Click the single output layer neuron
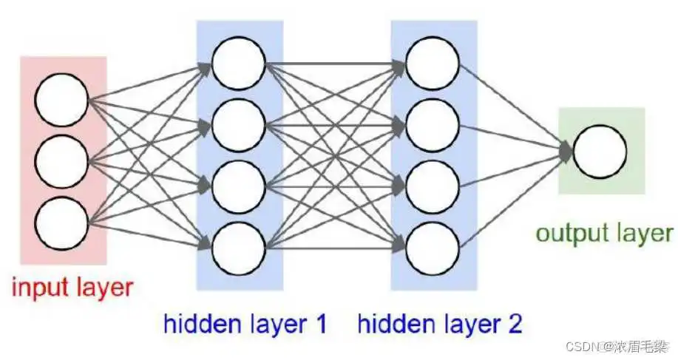pos(600,151)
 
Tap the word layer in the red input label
pos(103,286)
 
